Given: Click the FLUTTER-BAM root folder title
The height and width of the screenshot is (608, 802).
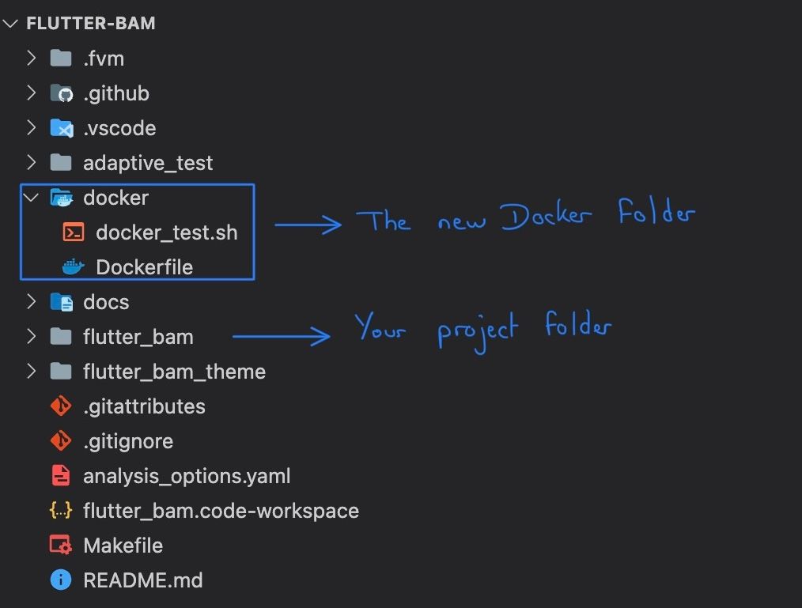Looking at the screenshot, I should pos(90,24).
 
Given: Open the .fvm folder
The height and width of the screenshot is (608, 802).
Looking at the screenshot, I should pos(103,59).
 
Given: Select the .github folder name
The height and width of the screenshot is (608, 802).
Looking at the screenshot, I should pos(115,93).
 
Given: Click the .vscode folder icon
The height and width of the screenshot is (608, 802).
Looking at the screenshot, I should pos(61,128).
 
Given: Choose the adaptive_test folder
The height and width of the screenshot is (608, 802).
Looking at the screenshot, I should pos(147,163).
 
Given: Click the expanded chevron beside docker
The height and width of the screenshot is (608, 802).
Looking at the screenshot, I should pos(31,198).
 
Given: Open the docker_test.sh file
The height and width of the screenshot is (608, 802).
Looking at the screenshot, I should pos(166,232).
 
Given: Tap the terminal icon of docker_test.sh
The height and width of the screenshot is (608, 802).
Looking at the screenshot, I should pos(74,232).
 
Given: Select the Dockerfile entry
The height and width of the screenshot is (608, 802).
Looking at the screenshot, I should pos(144,267).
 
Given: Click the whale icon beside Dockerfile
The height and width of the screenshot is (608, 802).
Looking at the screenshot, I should pos(73,267).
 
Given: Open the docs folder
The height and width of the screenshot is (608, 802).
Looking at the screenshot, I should pos(105,302).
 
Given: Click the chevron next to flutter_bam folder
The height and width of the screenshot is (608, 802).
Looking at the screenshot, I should pos(31,337).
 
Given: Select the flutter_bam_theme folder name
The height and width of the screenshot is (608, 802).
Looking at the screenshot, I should pos(174,372).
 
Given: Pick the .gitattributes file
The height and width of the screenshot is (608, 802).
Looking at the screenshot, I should pos(143,406).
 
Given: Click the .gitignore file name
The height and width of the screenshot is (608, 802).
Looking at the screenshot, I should pos(127,441).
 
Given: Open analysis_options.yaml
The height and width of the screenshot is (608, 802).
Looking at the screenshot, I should pos(186,476).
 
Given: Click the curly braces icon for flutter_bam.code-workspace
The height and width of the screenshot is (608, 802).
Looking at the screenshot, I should pos(61,511).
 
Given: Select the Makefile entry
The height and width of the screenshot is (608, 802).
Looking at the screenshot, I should pos(123,546).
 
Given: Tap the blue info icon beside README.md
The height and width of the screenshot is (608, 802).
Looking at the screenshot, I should pos(61,580).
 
